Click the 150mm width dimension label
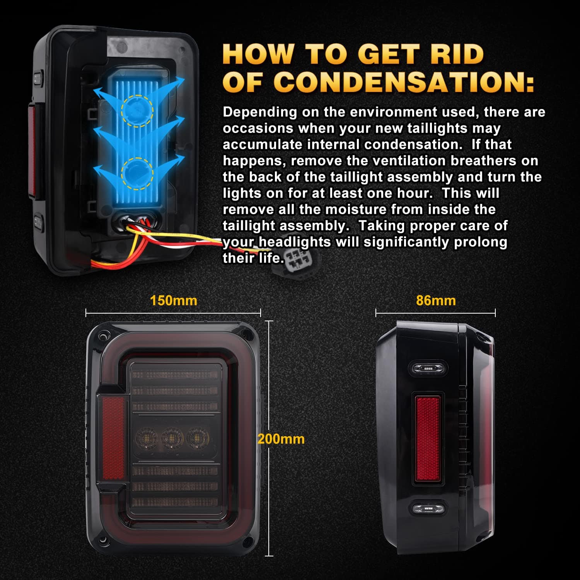tap(174, 300)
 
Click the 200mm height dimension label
tap(281, 439)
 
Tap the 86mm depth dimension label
tap(436, 300)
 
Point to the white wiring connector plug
tap(298, 258)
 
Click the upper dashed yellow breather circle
tap(137, 111)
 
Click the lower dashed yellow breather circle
tap(137, 174)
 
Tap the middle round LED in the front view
tap(172, 438)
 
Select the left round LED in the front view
tap(147, 438)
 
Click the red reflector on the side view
tap(428, 439)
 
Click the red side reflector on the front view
tap(113, 438)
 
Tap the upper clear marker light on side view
tap(428, 368)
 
